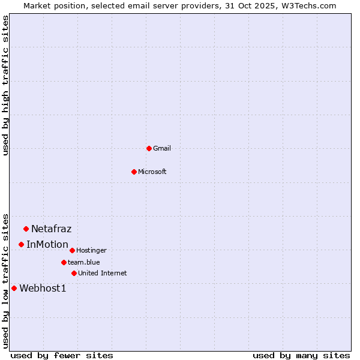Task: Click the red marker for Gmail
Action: coord(149,148)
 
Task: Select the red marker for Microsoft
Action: coord(134,172)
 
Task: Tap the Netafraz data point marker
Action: coord(26,229)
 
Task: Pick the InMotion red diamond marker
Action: coord(21,244)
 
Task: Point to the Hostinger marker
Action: coord(72,250)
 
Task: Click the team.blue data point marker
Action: coord(64,262)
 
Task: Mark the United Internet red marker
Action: coord(74,273)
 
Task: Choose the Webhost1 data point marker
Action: coord(14,288)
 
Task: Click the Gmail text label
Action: coord(162,148)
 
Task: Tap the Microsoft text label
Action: coord(152,172)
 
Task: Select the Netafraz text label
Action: coord(52,229)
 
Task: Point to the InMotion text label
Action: coord(47,244)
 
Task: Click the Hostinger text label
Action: coord(91,250)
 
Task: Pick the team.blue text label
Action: coord(84,262)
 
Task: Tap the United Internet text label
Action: coord(103,273)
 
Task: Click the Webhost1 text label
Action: coord(43,288)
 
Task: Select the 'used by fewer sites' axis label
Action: coord(62,355)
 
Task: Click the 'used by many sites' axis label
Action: coord(301,355)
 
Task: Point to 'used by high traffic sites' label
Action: coord(5,85)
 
